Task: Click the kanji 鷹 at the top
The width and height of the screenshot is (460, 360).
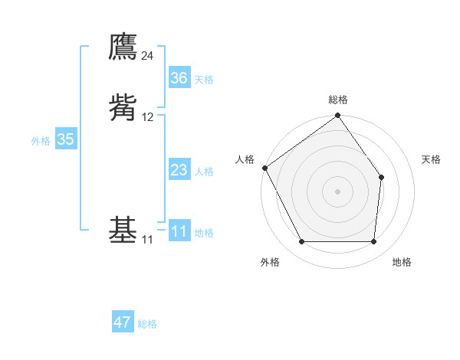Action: (123, 47)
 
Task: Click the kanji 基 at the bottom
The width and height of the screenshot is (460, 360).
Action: (123, 230)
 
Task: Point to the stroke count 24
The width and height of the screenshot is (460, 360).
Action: (147, 56)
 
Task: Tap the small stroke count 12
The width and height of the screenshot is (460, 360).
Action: (147, 117)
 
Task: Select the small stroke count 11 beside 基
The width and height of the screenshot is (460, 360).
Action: (147, 240)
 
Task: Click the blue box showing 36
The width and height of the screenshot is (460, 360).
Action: (179, 78)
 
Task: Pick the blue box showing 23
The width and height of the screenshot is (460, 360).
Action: (179, 170)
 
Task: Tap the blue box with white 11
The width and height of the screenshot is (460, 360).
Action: (179, 231)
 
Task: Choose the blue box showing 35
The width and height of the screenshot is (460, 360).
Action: (65, 139)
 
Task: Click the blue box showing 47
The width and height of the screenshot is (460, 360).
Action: (123, 322)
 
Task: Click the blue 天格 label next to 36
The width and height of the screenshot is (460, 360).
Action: (204, 80)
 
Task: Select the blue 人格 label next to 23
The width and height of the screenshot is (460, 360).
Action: (204, 172)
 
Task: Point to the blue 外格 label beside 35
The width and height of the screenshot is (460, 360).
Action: (41, 141)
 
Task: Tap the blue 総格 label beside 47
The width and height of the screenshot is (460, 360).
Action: (147, 324)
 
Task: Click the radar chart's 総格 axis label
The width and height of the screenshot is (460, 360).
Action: (338, 100)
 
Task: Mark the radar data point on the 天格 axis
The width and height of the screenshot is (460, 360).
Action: (382, 178)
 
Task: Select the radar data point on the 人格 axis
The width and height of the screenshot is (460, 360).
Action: (264, 168)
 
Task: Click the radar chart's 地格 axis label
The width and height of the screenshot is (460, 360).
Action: (402, 263)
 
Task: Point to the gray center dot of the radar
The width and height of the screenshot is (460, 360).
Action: (338, 191)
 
